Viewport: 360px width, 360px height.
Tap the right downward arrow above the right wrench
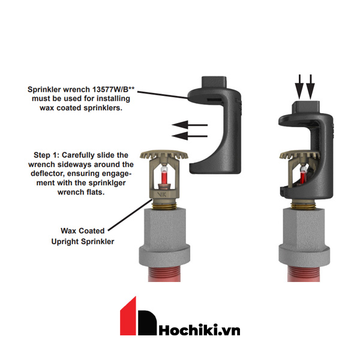point(310,89)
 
